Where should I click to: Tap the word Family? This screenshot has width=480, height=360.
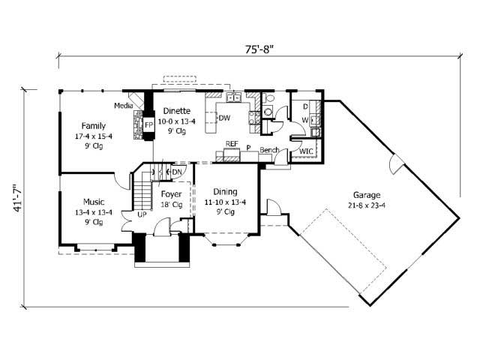[94, 126]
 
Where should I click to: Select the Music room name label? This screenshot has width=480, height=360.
[94, 202]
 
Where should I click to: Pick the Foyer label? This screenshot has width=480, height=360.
[172, 193]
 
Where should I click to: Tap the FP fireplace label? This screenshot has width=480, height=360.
[148, 123]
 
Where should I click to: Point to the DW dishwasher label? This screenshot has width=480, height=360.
[224, 118]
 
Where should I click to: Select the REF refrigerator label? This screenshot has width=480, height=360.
[232, 144]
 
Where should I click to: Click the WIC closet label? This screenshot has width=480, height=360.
[306, 151]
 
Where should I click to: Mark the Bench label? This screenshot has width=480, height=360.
[268, 150]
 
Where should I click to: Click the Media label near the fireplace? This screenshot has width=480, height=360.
[124, 106]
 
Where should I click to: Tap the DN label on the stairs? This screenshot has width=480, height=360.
[177, 172]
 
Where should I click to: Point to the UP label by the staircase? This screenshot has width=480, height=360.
[141, 214]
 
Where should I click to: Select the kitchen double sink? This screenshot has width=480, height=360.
[234, 97]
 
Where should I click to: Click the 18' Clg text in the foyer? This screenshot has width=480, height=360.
[172, 204]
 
